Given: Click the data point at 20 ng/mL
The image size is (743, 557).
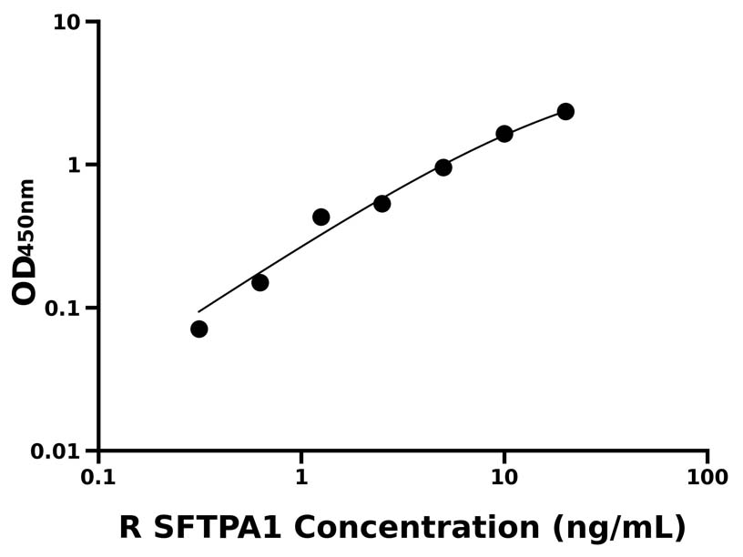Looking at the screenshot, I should tap(565, 111).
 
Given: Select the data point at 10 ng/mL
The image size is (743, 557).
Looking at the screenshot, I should tap(504, 134).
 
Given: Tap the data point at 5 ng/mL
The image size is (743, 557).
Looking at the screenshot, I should tap(443, 167).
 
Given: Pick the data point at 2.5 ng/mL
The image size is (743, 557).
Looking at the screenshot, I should tap(382, 204).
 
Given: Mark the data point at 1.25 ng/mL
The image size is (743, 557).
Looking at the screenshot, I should tap(321, 217).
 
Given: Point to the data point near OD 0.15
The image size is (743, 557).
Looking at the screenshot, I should tap(260, 282).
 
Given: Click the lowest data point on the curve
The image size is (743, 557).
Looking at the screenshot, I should tap(198, 329).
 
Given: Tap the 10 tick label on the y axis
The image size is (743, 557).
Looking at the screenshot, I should tap(66, 23).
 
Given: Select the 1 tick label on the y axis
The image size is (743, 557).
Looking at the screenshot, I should tap(75, 166).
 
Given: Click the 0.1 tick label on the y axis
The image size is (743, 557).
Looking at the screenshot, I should tap(61, 309).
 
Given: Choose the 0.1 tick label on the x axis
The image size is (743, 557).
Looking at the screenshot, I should tap(97, 478).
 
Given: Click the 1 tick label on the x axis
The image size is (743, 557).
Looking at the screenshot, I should tap(300, 478).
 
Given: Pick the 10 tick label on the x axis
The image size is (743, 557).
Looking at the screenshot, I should tap(504, 478).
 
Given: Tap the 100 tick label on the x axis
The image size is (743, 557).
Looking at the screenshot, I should tap(707, 478).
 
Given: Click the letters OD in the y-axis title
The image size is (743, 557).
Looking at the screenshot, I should tap(25, 280).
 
